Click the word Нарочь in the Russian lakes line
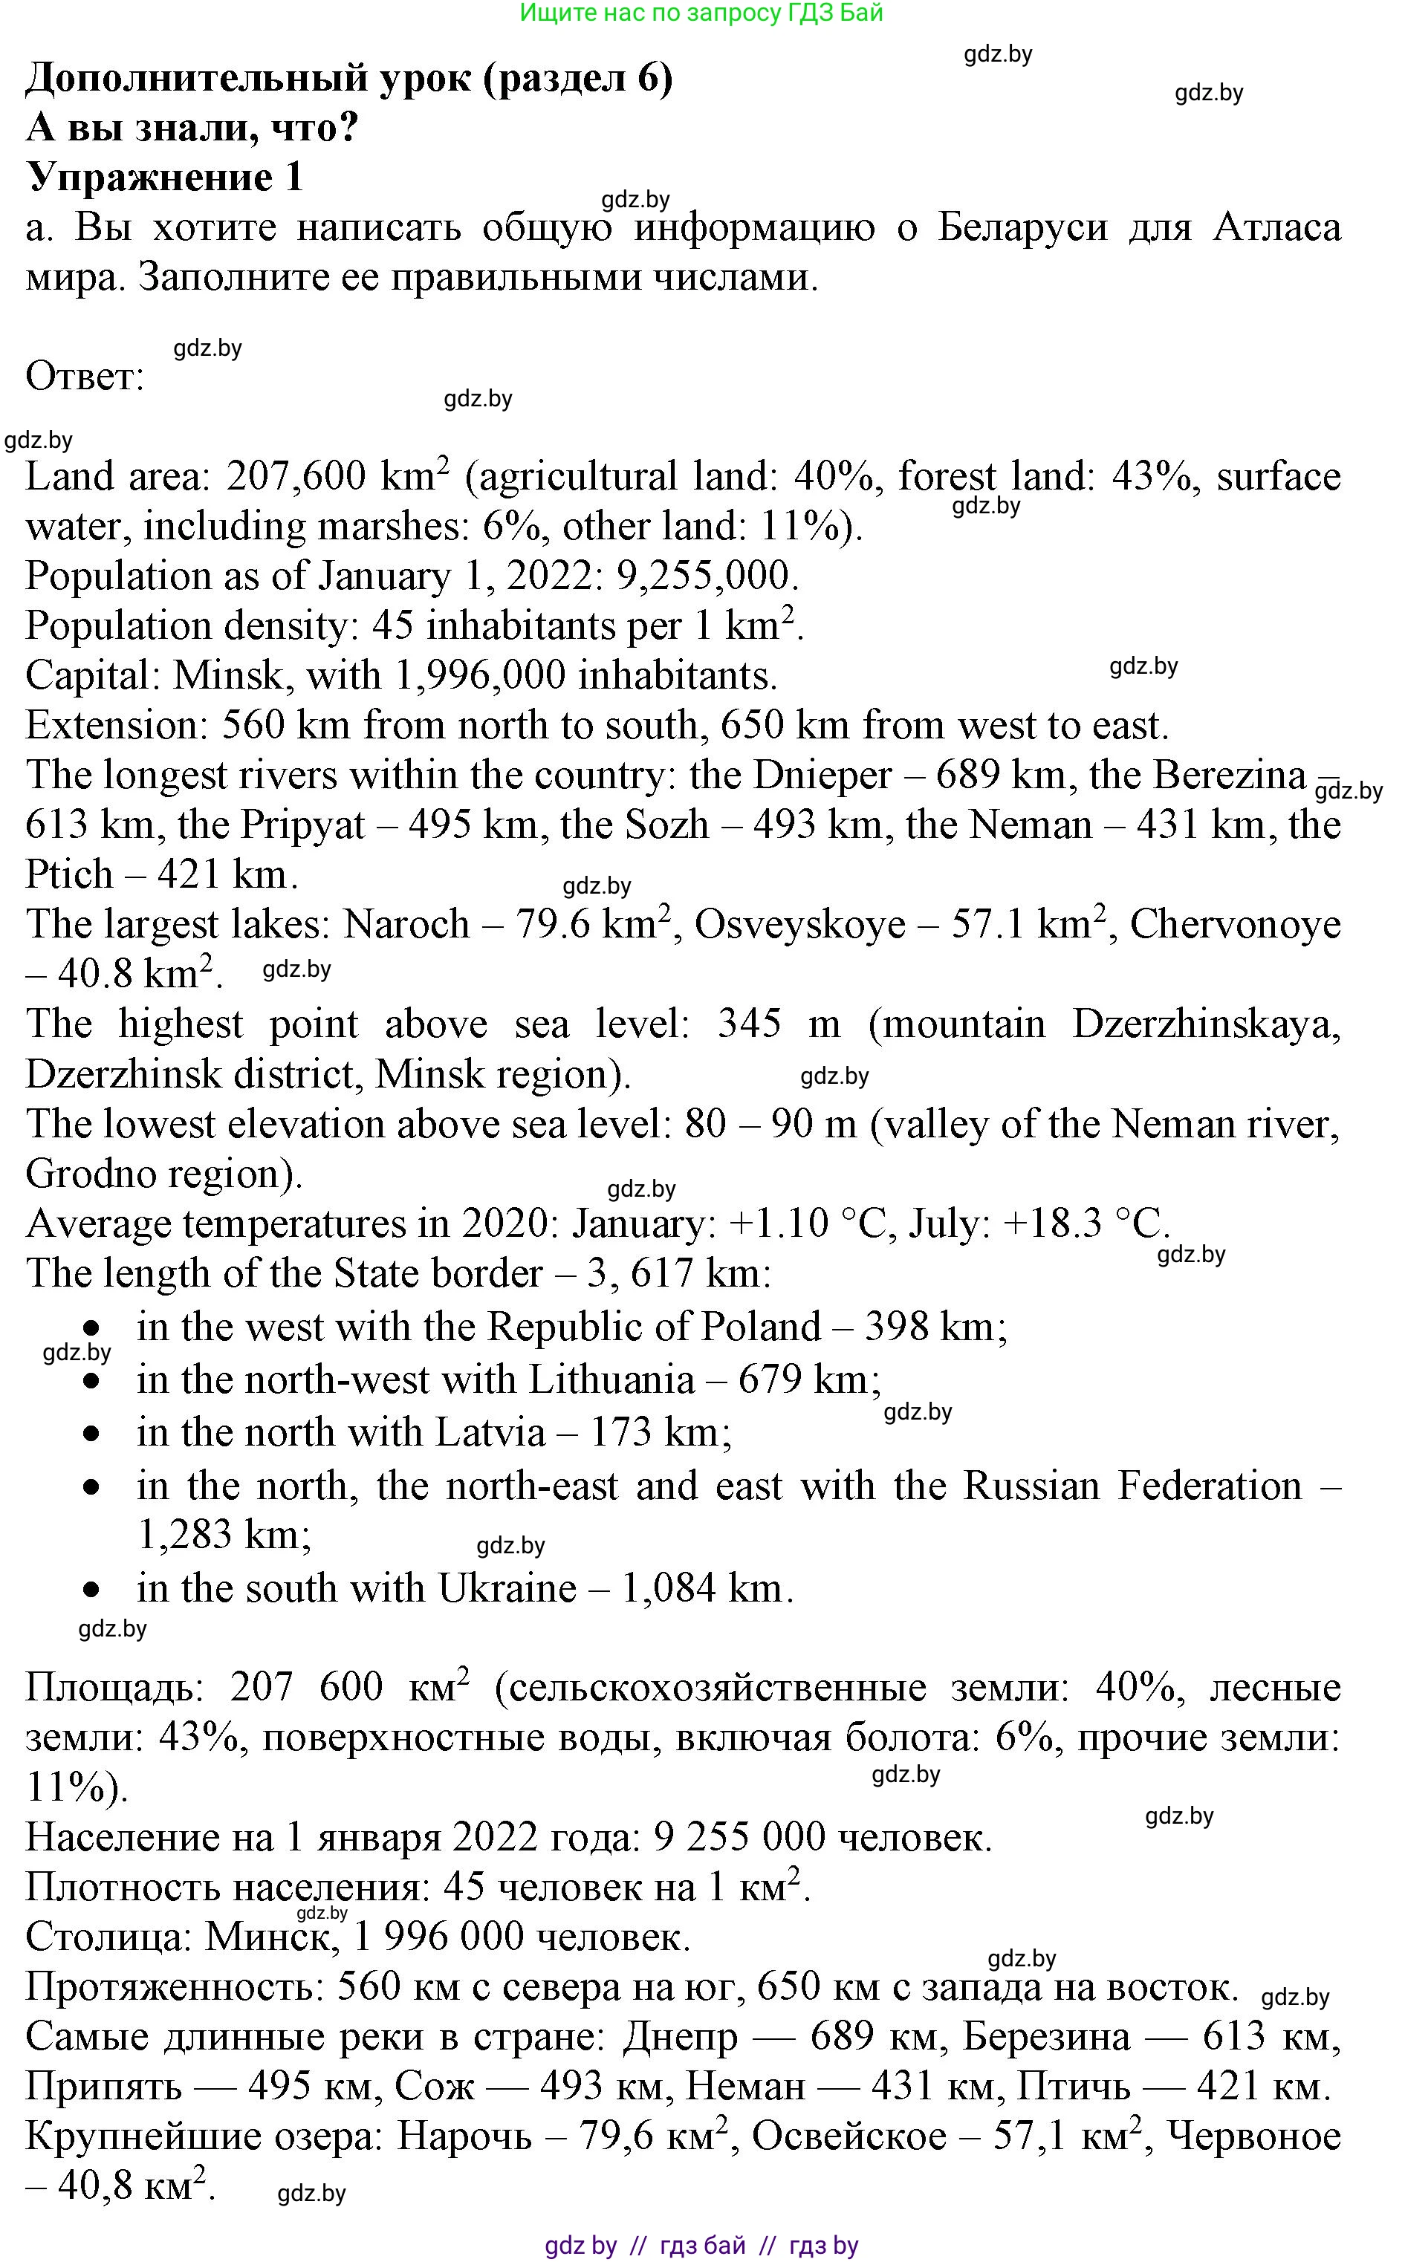(464, 2137)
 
